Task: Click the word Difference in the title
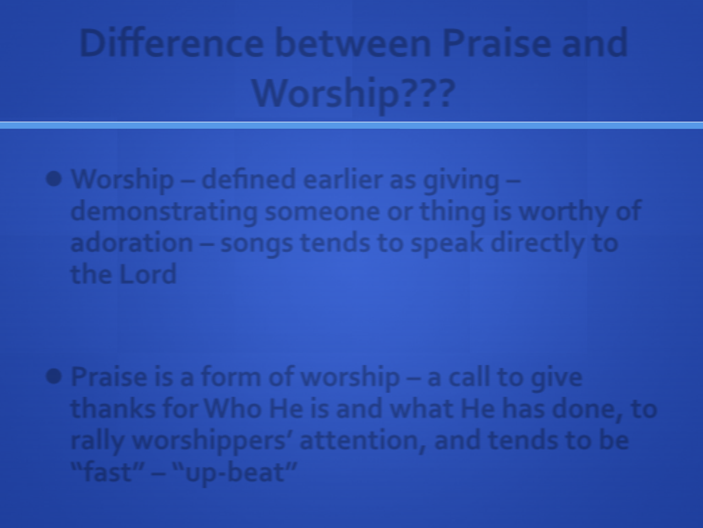(171, 43)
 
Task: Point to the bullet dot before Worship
(54, 178)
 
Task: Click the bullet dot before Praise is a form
(54, 376)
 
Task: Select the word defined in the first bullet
(248, 179)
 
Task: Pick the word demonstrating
(164, 211)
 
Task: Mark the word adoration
(132, 242)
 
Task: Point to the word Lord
(147, 274)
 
